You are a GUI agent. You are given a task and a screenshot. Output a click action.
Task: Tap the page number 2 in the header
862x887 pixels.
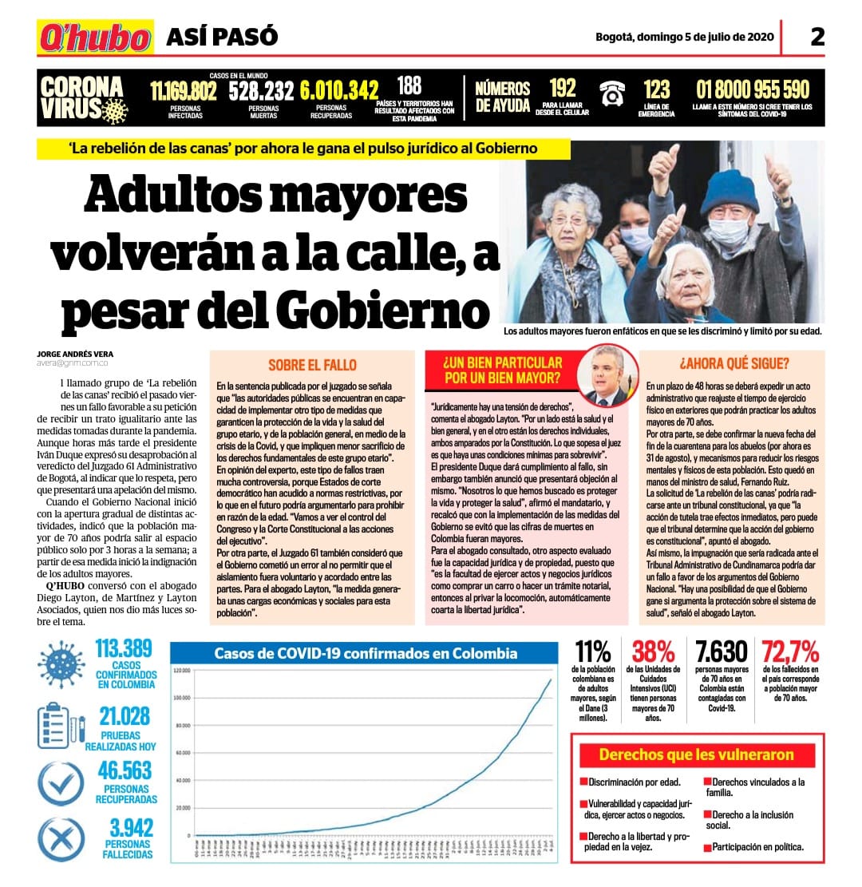[x=817, y=37]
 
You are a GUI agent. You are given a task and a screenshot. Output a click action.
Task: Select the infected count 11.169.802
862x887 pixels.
[x=184, y=91]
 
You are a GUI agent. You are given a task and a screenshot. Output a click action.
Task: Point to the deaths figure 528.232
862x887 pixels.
[x=261, y=91]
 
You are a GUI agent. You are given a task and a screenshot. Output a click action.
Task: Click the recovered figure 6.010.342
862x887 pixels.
[x=339, y=91]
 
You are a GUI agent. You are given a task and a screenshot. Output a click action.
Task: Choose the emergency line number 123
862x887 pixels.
[x=657, y=89]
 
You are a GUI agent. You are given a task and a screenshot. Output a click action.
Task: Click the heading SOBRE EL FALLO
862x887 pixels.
[x=312, y=366]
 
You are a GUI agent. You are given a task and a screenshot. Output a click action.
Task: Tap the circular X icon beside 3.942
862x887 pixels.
[x=61, y=841]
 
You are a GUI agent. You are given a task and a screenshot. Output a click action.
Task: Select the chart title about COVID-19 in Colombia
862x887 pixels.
[x=366, y=653]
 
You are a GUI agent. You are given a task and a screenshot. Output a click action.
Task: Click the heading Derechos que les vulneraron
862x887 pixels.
[x=696, y=754]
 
